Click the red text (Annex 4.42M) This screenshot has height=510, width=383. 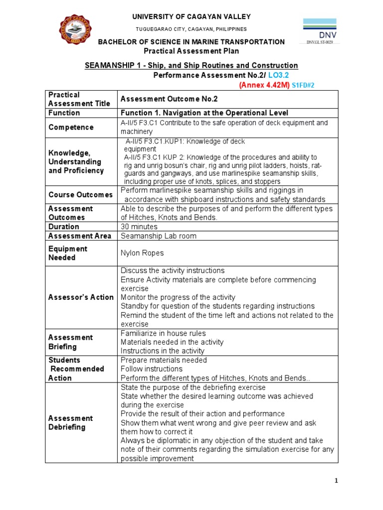(x=264, y=85)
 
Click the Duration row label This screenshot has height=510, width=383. (x=64, y=227)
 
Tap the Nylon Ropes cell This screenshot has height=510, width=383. (x=142, y=253)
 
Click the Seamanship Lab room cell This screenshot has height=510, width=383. (x=159, y=236)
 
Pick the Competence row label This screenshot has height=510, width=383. (x=71, y=127)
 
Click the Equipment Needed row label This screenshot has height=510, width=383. (x=68, y=253)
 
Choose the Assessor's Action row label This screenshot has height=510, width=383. (x=81, y=297)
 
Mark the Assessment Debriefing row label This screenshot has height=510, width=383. (x=70, y=423)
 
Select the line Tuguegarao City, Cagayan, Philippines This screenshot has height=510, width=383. (x=191, y=29)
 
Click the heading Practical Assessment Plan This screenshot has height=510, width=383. (x=191, y=51)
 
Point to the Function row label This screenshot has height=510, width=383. (x=64, y=113)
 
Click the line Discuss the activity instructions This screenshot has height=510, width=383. (x=173, y=270)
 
